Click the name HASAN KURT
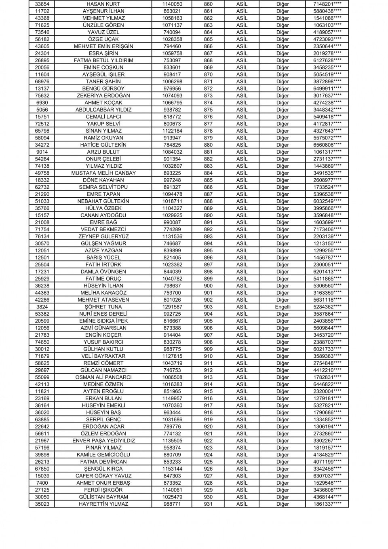pyautogui.click(x=103, y=4)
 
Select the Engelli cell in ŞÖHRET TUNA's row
pyautogui.click(x=283, y=307)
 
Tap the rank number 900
pyautogui.click(x=208, y=286)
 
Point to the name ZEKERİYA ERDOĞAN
pyautogui.click(x=103, y=96)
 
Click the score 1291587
pyautogui.click(x=172, y=307)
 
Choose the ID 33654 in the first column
pyautogui.click(x=42, y=4)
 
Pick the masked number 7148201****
pyautogui.click(x=327, y=4)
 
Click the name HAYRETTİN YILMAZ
pyautogui.click(x=103, y=504)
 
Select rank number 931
pyautogui.click(x=208, y=504)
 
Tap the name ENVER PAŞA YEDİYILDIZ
pyautogui.click(x=103, y=441)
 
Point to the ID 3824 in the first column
pyautogui.click(x=42, y=307)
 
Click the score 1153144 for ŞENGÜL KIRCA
pyautogui.click(x=172, y=469)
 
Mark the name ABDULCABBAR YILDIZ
pyautogui.click(x=103, y=110)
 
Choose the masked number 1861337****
pyautogui.click(x=327, y=504)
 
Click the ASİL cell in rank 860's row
pyautogui.click(x=242, y=4)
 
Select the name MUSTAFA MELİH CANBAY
pyautogui.click(x=103, y=173)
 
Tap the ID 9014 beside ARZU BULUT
pyautogui.click(x=42, y=152)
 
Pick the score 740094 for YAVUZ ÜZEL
pyautogui.click(x=172, y=32)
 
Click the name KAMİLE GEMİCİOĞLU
pyautogui.click(x=103, y=455)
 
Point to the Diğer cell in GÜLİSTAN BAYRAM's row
pyautogui.click(x=283, y=497)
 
